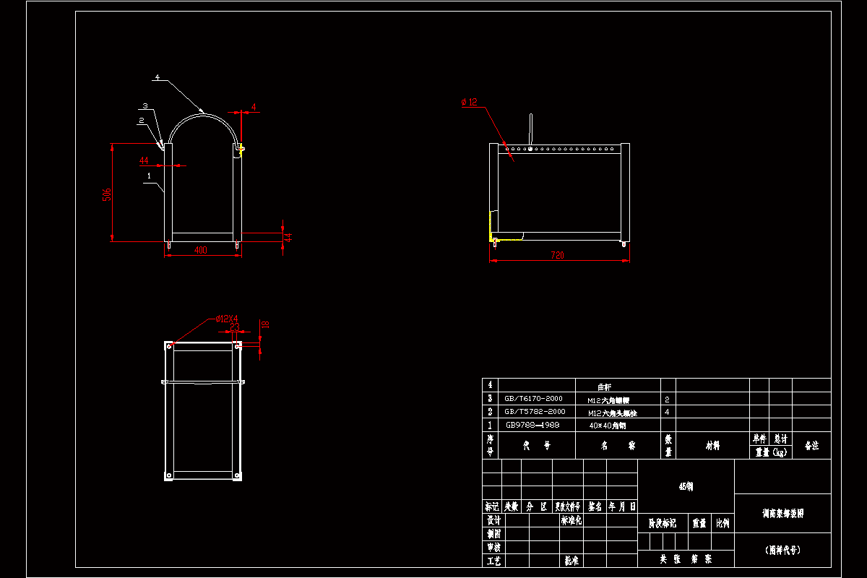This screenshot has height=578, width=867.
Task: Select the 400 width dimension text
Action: tap(200, 250)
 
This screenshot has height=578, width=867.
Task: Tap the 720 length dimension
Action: tap(557, 255)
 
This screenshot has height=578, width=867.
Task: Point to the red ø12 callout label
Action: tap(469, 103)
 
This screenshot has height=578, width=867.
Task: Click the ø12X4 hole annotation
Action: tap(227, 319)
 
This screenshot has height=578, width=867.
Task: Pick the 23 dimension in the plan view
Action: tap(235, 327)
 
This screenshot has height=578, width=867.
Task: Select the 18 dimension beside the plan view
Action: tap(264, 325)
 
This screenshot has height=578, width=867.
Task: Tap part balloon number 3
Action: tap(145, 105)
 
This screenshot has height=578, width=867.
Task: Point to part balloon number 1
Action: tap(149, 175)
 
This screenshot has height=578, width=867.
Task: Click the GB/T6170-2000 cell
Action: tap(533, 398)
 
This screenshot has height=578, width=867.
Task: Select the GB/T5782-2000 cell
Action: tap(533, 411)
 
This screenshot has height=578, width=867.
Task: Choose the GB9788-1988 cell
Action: tap(533, 425)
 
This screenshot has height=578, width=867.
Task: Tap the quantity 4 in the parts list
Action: tap(666, 412)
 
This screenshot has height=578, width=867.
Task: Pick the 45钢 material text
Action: tap(686, 487)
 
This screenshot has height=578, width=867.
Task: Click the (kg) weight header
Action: tap(770, 452)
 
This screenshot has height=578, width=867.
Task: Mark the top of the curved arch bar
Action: tap(203, 112)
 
